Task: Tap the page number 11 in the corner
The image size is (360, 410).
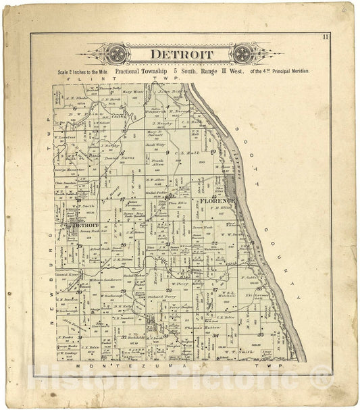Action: [x=325, y=36]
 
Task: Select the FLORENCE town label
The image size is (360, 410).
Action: [x=216, y=201]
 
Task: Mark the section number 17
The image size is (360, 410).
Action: [x=123, y=200]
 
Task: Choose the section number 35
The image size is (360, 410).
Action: [x=260, y=334]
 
